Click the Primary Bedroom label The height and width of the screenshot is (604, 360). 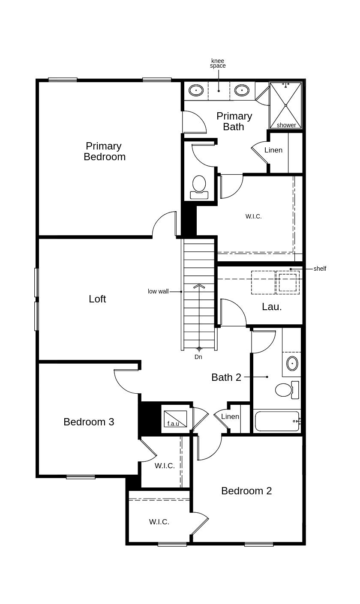coord(104,152)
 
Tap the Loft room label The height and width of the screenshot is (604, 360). coord(97,299)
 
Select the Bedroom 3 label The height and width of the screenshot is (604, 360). coord(89,422)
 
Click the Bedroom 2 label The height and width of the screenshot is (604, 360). coord(246,491)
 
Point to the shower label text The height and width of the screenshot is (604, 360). coord(286,125)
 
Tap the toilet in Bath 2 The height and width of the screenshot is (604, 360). coord(285,390)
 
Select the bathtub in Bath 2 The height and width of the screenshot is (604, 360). coord(277,422)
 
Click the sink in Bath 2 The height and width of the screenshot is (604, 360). coord(292,363)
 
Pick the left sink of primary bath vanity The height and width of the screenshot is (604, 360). coord(196,90)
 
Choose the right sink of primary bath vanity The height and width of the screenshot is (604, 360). coord(242,90)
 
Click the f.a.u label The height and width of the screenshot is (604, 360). coord(173,424)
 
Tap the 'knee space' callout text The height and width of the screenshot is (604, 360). coord(218,63)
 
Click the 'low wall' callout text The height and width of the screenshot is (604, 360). coord(158,291)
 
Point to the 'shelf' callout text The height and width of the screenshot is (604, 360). coord(320,269)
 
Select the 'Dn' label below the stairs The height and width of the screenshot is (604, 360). coord(198,357)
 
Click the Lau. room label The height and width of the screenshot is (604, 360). coord(272,307)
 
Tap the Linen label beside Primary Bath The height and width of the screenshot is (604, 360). coord(273,150)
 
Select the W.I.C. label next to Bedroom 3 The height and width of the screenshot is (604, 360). coord(165,466)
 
